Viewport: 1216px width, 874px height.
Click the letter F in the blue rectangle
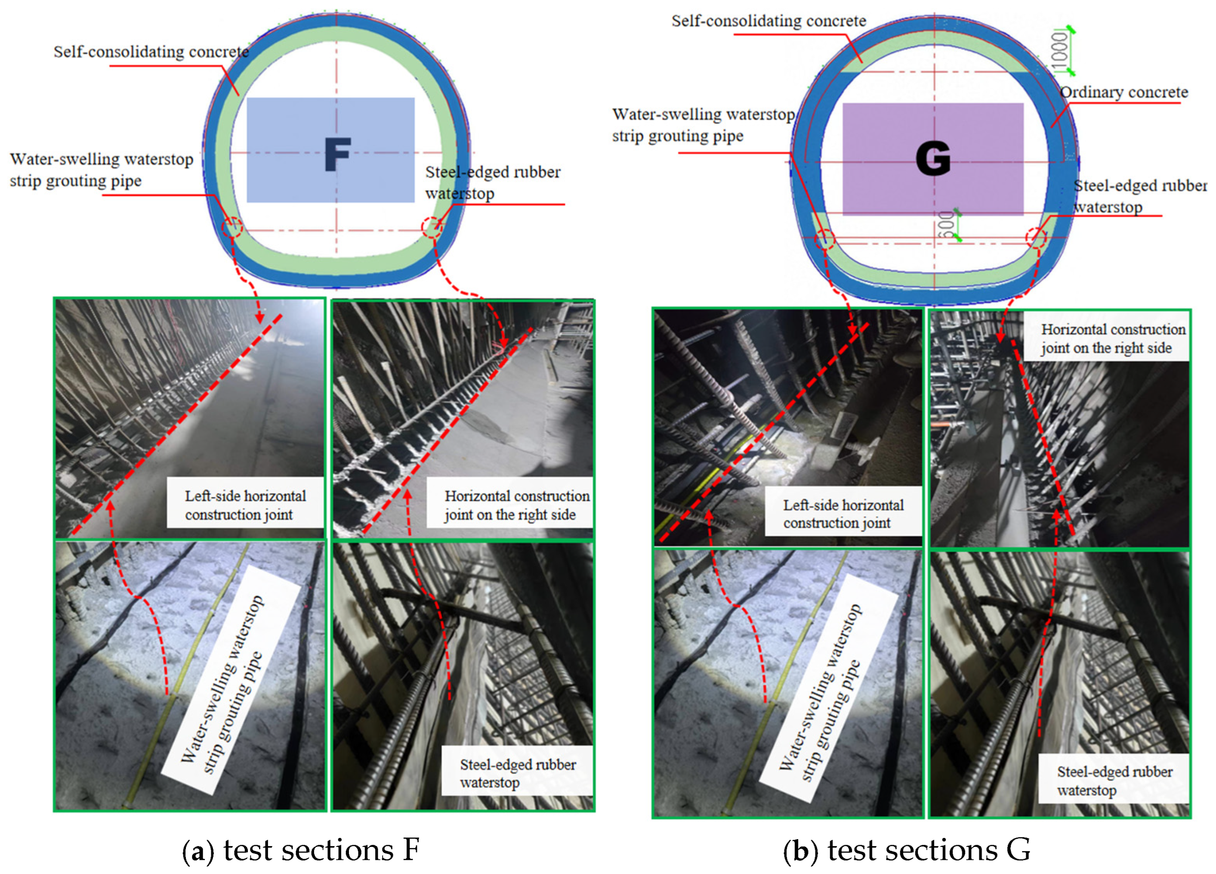click(338, 154)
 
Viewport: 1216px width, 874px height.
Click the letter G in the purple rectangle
click(933, 159)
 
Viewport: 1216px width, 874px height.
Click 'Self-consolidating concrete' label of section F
click(151, 52)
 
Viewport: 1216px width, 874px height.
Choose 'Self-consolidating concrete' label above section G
click(768, 21)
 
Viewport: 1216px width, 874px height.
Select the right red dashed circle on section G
click(1036, 237)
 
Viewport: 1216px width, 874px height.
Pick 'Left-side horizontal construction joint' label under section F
click(245, 505)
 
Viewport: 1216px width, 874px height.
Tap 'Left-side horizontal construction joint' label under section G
click(843, 514)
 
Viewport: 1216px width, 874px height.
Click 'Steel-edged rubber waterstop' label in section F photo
click(517, 773)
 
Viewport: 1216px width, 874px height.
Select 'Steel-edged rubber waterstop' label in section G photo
click(1114, 781)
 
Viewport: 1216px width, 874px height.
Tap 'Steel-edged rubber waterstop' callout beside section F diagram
click(492, 183)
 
